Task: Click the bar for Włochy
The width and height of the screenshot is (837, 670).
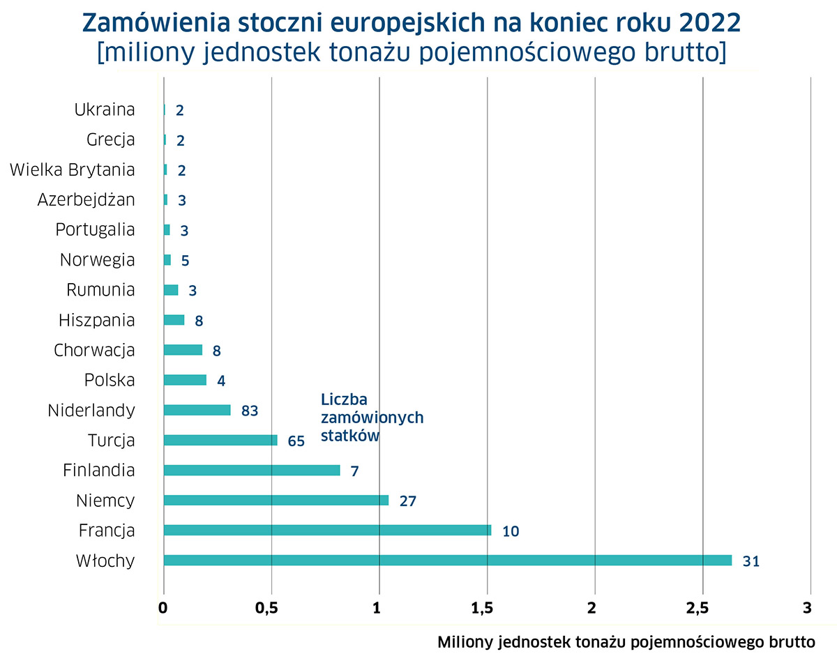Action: [x=447, y=561]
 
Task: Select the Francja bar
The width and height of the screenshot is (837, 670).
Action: [x=327, y=531]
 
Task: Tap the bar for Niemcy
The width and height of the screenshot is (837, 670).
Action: [x=276, y=500]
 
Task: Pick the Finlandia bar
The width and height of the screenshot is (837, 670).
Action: [x=251, y=471]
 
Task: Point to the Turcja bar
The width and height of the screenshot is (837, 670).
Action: [x=220, y=440]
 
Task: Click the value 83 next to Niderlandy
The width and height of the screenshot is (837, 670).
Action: [x=250, y=411]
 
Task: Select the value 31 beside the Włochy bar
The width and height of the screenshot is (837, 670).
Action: [x=751, y=561]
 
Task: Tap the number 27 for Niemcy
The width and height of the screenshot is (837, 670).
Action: [x=408, y=501]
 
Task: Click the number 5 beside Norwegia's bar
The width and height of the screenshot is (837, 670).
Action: [x=185, y=261]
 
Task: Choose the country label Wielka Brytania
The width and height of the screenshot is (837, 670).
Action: [x=73, y=169]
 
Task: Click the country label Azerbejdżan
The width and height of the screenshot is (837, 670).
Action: [x=86, y=200]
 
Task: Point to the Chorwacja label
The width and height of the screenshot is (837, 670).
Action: [x=94, y=350]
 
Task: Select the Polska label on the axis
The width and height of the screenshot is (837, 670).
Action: [x=110, y=380]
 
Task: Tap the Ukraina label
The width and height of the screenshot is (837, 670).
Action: [x=104, y=109]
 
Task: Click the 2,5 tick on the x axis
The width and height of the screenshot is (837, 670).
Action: [x=702, y=607]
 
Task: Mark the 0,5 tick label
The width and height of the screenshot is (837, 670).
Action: [x=271, y=607]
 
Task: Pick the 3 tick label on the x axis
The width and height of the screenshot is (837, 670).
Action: [x=809, y=607]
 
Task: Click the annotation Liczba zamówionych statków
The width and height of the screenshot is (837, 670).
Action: [x=372, y=417]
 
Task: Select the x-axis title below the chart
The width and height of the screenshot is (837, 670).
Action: [x=626, y=642]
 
